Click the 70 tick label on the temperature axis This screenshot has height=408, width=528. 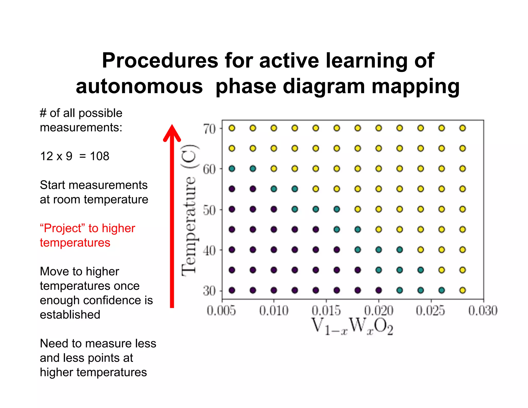pos(209,129)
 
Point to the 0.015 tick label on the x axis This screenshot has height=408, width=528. pos(326,310)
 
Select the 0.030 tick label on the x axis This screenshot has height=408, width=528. pos(483,310)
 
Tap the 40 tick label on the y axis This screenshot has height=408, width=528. pos(209,250)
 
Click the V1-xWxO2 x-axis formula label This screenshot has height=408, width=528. pos(352,326)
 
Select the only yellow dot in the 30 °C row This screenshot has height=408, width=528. pos(463,290)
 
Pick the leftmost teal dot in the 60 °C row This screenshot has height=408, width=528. pos(232,169)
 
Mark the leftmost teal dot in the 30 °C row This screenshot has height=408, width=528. pos(400,290)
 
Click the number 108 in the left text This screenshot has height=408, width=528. pos(100,156)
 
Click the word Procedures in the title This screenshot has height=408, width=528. pos(160,61)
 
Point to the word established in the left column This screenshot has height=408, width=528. pos(70,315)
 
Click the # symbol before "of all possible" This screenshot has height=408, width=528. pos(43,113)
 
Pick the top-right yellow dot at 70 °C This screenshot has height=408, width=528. pos(463,128)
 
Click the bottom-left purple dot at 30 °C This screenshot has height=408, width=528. pos(232,290)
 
